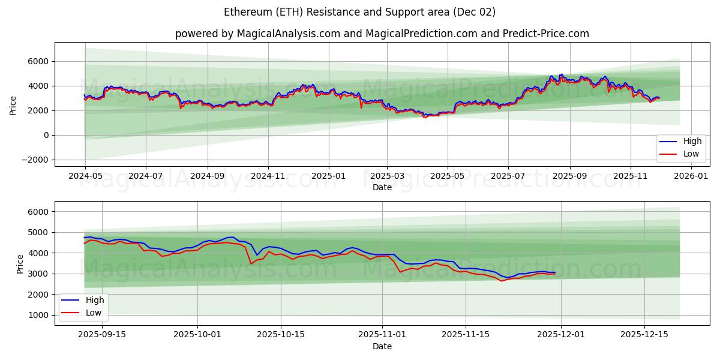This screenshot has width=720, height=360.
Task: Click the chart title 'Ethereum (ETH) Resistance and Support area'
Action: click(x=359, y=12)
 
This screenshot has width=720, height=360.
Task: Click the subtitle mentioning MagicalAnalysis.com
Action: click(x=382, y=34)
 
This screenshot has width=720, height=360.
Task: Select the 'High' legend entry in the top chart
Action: click(x=683, y=142)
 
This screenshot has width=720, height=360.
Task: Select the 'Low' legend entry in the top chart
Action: click(x=683, y=154)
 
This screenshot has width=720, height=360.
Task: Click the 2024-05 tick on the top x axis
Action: click(x=85, y=177)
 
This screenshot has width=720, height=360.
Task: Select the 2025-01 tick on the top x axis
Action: click(x=328, y=177)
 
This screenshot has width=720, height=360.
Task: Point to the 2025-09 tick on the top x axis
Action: click(x=569, y=177)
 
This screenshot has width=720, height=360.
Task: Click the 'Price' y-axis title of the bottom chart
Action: click(x=20, y=263)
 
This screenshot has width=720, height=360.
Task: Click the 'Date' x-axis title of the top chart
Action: click(x=382, y=187)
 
